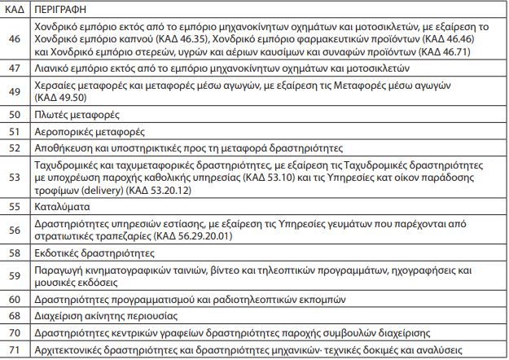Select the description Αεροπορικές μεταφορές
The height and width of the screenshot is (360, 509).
tap(88, 130)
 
